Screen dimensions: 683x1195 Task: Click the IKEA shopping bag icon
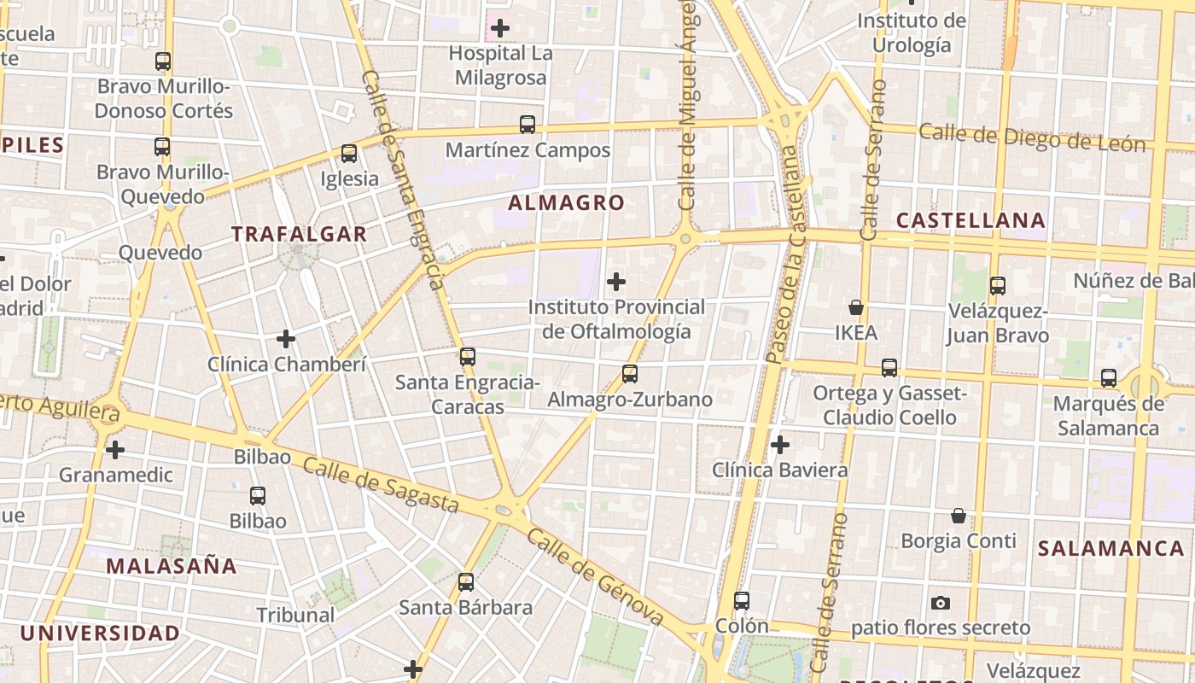pyautogui.click(x=855, y=307)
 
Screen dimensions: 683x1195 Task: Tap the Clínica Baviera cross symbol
pyautogui.click(x=779, y=445)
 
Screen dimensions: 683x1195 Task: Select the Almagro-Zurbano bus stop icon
pyautogui.click(x=630, y=374)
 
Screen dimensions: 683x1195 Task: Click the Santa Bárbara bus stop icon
pyautogui.click(x=466, y=582)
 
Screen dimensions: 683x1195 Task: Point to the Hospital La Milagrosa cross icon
pyautogui.click(x=500, y=28)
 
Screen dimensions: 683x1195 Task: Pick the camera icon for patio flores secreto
pyautogui.click(x=941, y=603)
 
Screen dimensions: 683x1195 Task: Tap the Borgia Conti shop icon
pyautogui.click(x=959, y=516)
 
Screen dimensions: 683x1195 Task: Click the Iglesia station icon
pyautogui.click(x=349, y=154)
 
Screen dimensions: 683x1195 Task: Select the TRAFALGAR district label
pyautogui.click(x=299, y=234)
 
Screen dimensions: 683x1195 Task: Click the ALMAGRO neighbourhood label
pyautogui.click(x=567, y=203)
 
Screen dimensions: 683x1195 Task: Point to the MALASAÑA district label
pyautogui.click(x=172, y=565)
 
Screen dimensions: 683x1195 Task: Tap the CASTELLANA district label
pyautogui.click(x=971, y=220)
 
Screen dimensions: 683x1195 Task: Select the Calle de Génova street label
pyautogui.click(x=595, y=577)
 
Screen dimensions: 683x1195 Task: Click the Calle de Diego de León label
pyautogui.click(x=1032, y=137)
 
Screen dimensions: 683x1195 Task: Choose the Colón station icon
pyautogui.click(x=742, y=601)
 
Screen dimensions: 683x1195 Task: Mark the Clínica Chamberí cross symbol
pyautogui.click(x=286, y=340)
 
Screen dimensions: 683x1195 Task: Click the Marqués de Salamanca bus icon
pyautogui.click(x=1109, y=377)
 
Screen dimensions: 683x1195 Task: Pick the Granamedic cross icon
pyautogui.click(x=115, y=449)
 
